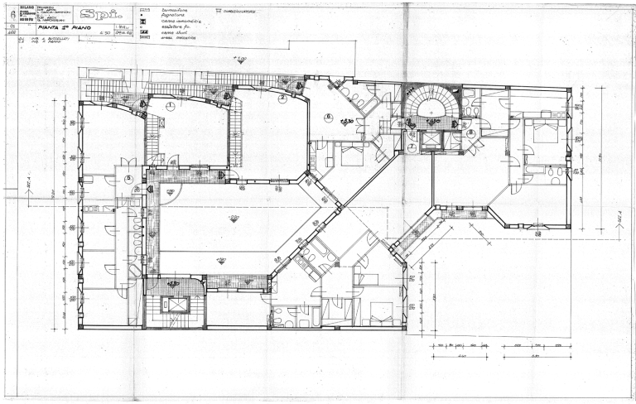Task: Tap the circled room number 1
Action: point(170,106)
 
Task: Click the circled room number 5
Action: point(128,178)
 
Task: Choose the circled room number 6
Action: point(328,117)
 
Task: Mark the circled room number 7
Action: point(412,147)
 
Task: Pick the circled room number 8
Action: point(470,132)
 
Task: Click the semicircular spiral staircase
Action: point(429,107)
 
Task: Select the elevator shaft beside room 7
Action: point(432,141)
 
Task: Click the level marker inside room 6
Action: point(348,123)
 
